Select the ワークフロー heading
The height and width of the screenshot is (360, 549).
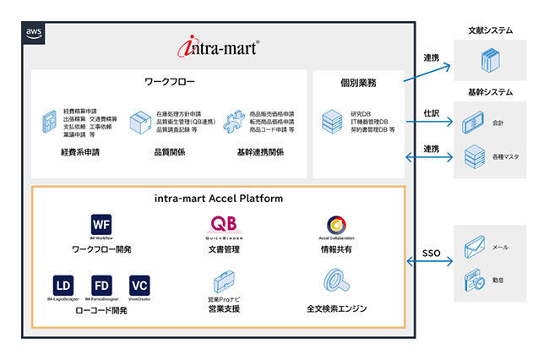tap(170, 82)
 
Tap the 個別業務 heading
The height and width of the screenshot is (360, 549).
tap(358, 82)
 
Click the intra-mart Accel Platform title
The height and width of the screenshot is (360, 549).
tap(218, 199)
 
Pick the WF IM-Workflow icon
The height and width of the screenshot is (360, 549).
tap(101, 225)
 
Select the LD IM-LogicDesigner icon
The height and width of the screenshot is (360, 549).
tap(63, 284)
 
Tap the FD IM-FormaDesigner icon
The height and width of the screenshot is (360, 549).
tap(101, 284)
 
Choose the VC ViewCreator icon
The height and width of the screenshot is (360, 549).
tap(139, 284)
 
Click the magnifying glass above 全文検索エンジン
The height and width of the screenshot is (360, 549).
tap(335, 281)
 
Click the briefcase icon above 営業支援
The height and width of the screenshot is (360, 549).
tap(225, 282)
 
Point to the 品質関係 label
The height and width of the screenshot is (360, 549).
tap(171, 153)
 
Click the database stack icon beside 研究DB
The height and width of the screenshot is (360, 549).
tap(331, 123)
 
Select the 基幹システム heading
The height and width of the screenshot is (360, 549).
tap(491, 91)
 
